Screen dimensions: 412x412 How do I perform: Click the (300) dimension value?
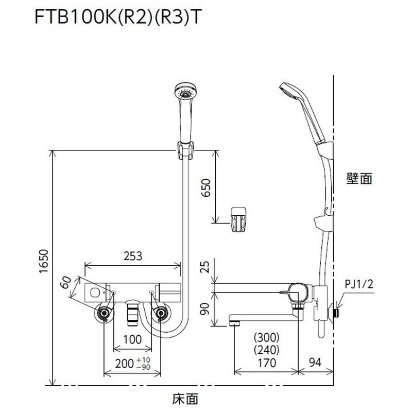pyautogui.click(x=266, y=338)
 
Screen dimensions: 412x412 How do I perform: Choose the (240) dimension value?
pyautogui.click(x=266, y=350)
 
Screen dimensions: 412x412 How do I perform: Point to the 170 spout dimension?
pyautogui.click(x=266, y=363)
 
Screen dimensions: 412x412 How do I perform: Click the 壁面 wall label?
pyautogui.click(x=359, y=179)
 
